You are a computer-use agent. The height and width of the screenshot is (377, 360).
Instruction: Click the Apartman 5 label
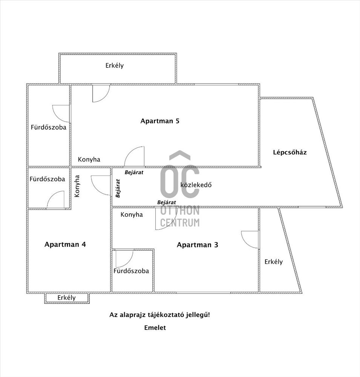pyautogui.click(x=160, y=121)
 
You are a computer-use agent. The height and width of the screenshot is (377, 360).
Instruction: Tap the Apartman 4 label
pyautogui.click(x=65, y=244)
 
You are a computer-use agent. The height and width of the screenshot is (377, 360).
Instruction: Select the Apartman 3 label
pyautogui.click(x=198, y=245)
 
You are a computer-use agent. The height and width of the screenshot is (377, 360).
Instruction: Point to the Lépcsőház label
pyautogui.click(x=290, y=152)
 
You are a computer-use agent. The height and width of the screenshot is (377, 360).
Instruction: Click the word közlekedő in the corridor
pyautogui.click(x=196, y=185)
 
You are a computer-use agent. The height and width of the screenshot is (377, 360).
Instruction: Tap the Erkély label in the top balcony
pyautogui.click(x=115, y=66)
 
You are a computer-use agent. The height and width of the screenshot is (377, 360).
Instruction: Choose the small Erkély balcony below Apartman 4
pyautogui.click(x=67, y=298)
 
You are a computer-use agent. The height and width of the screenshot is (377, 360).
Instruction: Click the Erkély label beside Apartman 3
pyautogui.click(x=273, y=262)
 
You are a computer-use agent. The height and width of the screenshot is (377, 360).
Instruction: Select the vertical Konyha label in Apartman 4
pyautogui.click(x=77, y=186)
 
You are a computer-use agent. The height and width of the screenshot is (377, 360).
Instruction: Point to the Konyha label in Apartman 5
pyautogui.click(x=89, y=159)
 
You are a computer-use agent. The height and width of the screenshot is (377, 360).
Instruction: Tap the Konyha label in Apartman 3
pyautogui.click(x=132, y=215)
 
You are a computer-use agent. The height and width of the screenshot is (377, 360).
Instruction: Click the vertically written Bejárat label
pyautogui.click(x=118, y=188)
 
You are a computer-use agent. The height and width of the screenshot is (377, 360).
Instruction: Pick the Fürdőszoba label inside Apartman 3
pyautogui.click(x=131, y=271)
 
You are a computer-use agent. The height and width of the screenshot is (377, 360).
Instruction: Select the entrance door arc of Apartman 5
pyautogui.click(x=135, y=156)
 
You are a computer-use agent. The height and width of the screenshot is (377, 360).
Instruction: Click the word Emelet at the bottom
pyautogui.click(x=155, y=328)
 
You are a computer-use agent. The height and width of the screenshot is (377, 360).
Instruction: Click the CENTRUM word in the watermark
pyautogui.click(x=180, y=223)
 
